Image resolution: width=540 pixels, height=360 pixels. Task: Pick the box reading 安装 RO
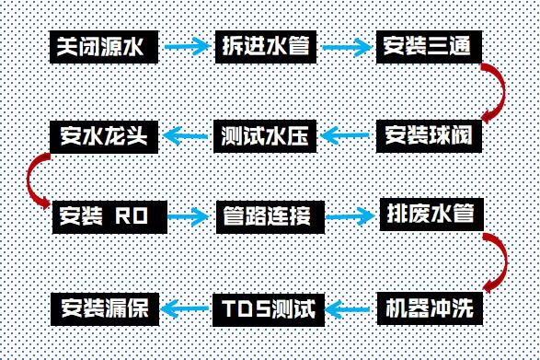point(105,217)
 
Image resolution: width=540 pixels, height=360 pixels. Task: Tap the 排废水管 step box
point(429,217)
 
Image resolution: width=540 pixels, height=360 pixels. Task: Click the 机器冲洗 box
point(429,308)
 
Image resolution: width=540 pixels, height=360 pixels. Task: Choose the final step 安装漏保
point(105,308)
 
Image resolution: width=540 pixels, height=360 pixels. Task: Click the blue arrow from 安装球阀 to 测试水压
point(348,137)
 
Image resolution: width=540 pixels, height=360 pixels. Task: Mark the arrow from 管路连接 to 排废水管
point(348,218)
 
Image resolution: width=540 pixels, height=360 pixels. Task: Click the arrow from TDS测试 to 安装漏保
point(187,308)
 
